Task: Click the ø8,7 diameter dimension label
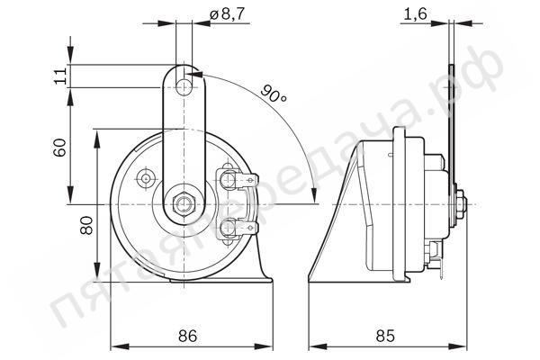227,14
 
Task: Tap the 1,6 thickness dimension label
415,14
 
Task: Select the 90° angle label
274,94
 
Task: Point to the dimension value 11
60,76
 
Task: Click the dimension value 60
59,148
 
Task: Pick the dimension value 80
86,225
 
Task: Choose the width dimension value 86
188,336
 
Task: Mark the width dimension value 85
385,336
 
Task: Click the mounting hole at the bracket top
184,87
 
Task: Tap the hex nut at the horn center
184,204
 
